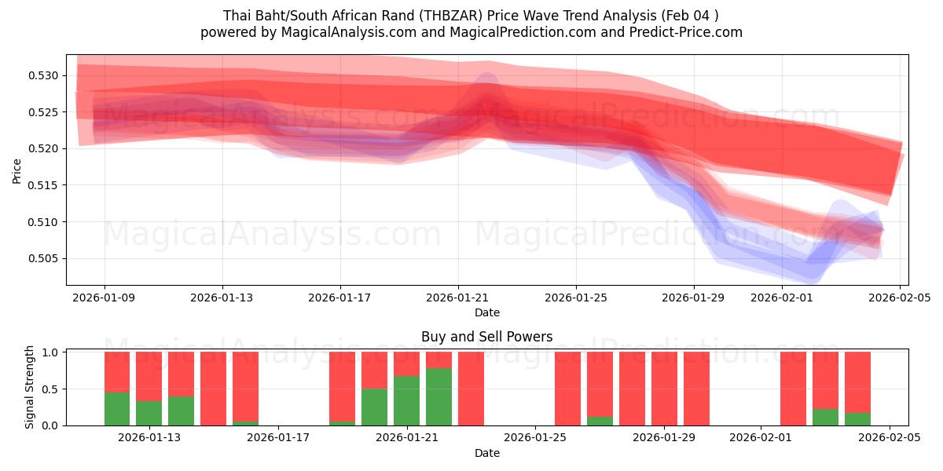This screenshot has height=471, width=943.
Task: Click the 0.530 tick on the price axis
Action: click(x=46, y=76)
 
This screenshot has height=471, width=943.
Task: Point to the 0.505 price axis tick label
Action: click(x=46, y=259)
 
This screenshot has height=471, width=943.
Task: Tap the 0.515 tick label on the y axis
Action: click(x=46, y=185)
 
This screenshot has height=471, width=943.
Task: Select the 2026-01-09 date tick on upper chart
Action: click(x=105, y=298)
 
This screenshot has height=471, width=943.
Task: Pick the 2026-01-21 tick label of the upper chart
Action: click(x=458, y=298)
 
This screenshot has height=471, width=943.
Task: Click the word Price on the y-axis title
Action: click(x=17, y=170)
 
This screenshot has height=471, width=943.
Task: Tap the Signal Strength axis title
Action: click(x=30, y=387)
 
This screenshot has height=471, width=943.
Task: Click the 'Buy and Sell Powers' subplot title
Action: click(x=486, y=337)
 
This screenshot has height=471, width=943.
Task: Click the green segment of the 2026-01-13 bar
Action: click(x=149, y=413)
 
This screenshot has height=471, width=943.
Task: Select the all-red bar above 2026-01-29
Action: click(x=664, y=389)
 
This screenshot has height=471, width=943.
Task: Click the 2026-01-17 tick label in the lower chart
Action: click(x=279, y=437)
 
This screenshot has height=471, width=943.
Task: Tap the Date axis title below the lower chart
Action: click(x=486, y=453)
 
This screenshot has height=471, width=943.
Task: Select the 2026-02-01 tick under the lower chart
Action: click(x=761, y=437)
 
